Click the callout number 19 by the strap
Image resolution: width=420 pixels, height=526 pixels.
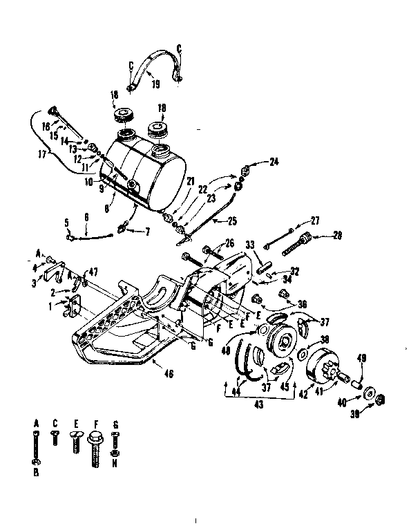(x=155, y=84)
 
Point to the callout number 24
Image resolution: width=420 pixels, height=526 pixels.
(x=274, y=162)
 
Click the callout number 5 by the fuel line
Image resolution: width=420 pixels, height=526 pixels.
(x=67, y=223)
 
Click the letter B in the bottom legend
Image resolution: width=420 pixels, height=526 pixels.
(x=36, y=473)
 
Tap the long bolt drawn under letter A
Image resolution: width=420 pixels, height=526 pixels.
(x=36, y=445)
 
